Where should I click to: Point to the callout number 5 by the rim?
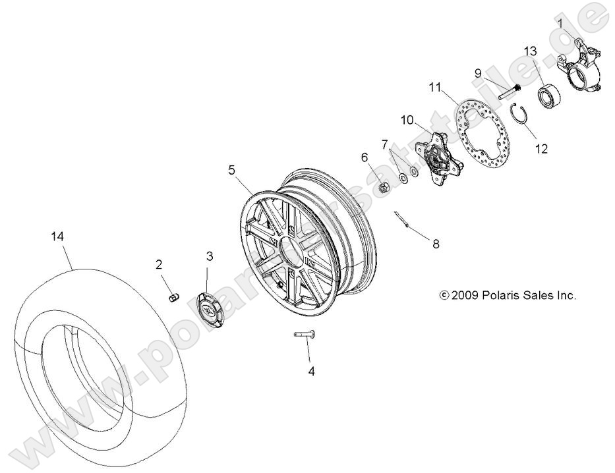coord(231,170)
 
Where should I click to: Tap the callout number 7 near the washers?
coord(384,144)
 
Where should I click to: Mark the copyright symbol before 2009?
coord(443,295)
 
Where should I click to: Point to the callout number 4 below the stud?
coord(311,372)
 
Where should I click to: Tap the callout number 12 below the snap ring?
coord(541,149)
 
